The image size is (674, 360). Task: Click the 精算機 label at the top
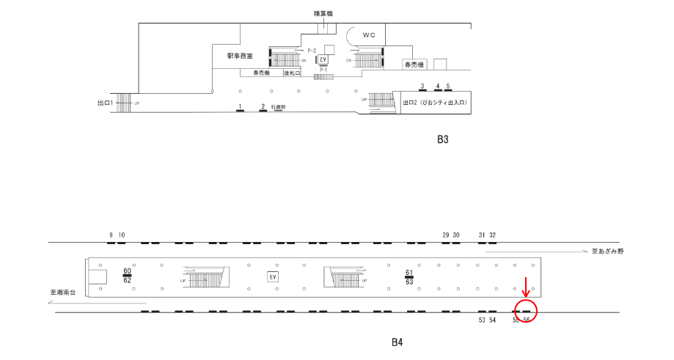pos(323,13)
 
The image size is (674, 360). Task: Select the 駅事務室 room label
pos(240,56)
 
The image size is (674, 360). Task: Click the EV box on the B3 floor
pos(322,59)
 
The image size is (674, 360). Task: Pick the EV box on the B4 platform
pos(272,276)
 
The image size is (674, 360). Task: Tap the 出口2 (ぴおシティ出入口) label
pos(435,103)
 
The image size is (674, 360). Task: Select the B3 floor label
pos(442,139)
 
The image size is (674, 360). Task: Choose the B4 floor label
pos(397,342)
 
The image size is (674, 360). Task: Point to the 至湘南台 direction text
pos(64,293)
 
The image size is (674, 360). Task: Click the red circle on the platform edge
pos(526,310)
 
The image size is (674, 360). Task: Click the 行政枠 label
pos(278,106)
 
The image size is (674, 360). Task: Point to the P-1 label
pos(323,70)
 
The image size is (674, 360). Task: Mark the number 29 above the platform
pos(445,235)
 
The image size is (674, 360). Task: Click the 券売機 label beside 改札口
pos(262,73)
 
